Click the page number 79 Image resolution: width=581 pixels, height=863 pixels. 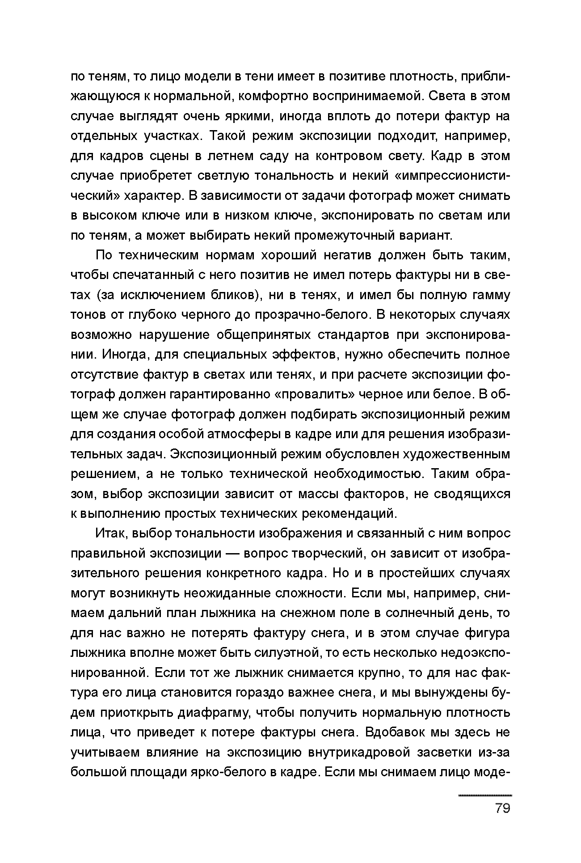click(503, 808)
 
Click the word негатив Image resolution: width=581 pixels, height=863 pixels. click(341, 255)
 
